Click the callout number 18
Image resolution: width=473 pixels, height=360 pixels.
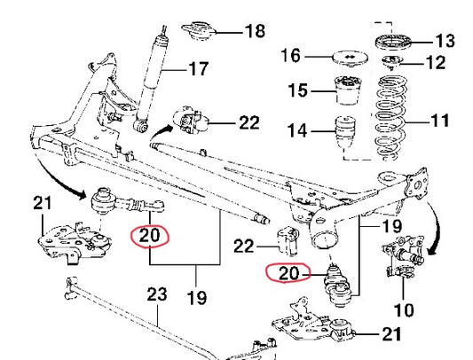coord(256,31)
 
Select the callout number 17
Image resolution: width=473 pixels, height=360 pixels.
coord(198,69)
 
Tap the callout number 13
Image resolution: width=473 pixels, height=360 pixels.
coord(445,41)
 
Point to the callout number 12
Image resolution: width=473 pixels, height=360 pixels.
coord(436,63)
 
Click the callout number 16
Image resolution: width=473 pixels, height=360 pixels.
coord(291,56)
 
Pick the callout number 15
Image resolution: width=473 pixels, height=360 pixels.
coord(298,90)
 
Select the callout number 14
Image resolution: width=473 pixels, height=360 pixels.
coord(297,130)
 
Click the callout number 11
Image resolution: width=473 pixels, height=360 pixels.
coord(440,120)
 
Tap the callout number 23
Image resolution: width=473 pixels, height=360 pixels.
coord(157,294)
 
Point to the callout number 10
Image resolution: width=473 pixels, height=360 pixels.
coord(404,310)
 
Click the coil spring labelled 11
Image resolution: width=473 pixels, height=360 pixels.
coord(391,118)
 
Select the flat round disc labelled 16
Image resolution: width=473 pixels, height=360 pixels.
coord(350,59)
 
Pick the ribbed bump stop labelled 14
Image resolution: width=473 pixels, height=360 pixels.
coord(345,133)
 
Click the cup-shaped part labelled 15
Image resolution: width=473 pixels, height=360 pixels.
coord(349,90)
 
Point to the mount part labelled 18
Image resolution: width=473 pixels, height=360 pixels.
coord(198,31)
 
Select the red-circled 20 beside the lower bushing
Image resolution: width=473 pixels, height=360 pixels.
coord(288,273)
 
